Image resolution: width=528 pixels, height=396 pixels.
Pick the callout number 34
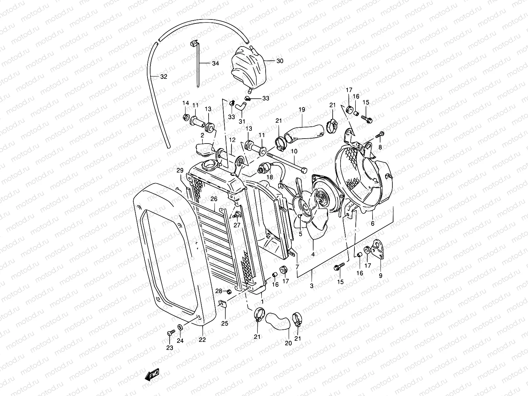215,63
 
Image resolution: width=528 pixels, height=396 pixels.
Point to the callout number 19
302,110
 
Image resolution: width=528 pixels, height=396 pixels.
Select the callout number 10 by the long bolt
294,151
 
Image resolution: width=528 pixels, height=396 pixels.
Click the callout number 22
202,340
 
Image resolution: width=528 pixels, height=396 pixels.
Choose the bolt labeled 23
170,333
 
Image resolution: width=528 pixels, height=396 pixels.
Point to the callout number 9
380,276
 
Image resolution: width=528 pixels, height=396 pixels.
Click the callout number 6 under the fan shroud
373,223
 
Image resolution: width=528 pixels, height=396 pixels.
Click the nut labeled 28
228,291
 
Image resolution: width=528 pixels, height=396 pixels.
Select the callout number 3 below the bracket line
312,286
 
